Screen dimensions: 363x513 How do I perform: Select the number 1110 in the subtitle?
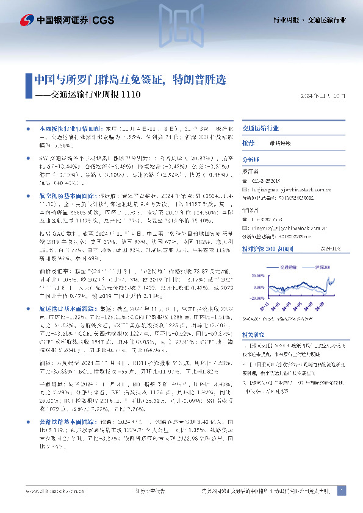pos(131,95)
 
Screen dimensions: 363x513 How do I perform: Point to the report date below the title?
pos(323,96)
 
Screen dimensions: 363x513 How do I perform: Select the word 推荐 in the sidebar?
pos(248,143)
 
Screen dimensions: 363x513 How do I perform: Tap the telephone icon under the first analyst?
pos(245,181)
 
